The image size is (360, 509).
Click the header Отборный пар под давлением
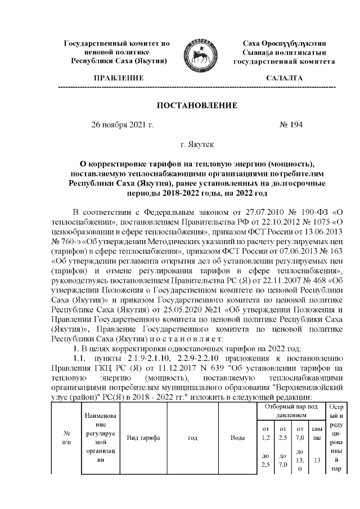tap(290, 409)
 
